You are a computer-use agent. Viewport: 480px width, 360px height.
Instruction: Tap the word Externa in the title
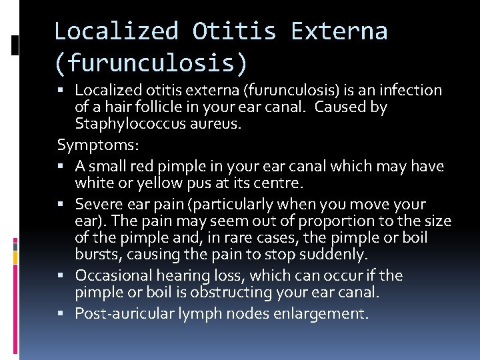tap(339, 31)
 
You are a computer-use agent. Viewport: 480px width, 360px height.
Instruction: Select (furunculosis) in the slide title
tap(151, 64)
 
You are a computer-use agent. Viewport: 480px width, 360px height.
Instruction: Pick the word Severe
tap(97, 204)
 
